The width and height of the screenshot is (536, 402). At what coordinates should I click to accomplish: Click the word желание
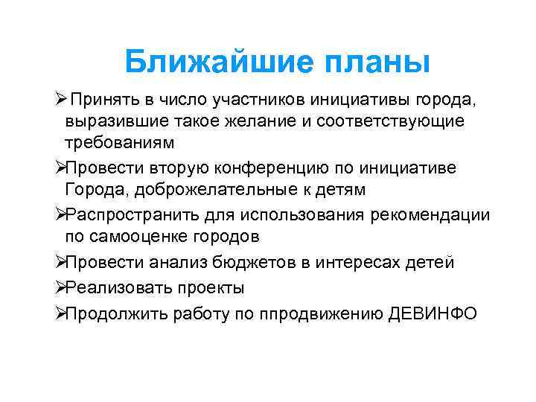click(283, 121)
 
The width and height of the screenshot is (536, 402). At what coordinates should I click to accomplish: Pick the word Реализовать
click(112, 288)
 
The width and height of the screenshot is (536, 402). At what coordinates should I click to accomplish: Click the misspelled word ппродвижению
click(322, 313)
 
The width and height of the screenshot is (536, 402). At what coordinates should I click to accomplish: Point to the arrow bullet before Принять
click(62, 99)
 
